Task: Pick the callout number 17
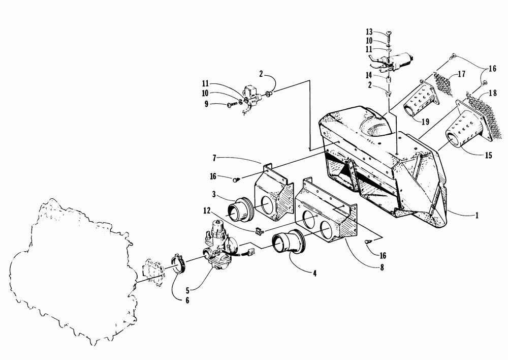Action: click(x=461, y=74)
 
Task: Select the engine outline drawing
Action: click(x=71, y=269)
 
